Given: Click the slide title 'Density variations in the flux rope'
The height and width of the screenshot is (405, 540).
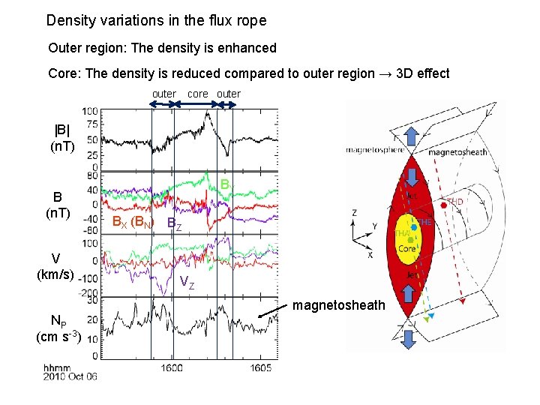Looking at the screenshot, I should (x=156, y=20).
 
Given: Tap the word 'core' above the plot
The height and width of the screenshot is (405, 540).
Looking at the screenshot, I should (x=197, y=94).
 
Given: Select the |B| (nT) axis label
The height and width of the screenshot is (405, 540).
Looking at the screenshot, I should (x=61, y=136).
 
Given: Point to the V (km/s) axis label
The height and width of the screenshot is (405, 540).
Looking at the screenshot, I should (x=55, y=267).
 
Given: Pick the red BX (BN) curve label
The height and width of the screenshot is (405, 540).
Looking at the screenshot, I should (x=132, y=222).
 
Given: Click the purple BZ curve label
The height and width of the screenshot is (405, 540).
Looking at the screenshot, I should (x=173, y=223).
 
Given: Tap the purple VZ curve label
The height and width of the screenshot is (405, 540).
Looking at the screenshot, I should (x=187, y=282).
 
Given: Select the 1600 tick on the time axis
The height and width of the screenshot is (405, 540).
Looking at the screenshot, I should (x=172, y=368).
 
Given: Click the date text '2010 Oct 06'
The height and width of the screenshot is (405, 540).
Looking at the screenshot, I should (x=70, y=376).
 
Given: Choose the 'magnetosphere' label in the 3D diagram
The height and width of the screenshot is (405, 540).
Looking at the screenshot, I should (x=375, y=149).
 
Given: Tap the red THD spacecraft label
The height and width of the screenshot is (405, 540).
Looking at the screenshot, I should (x=456, y=202).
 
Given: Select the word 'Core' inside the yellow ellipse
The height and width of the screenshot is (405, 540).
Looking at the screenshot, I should (x=406, y=248).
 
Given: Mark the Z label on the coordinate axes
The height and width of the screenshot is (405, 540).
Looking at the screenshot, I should (x=354, y=212).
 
